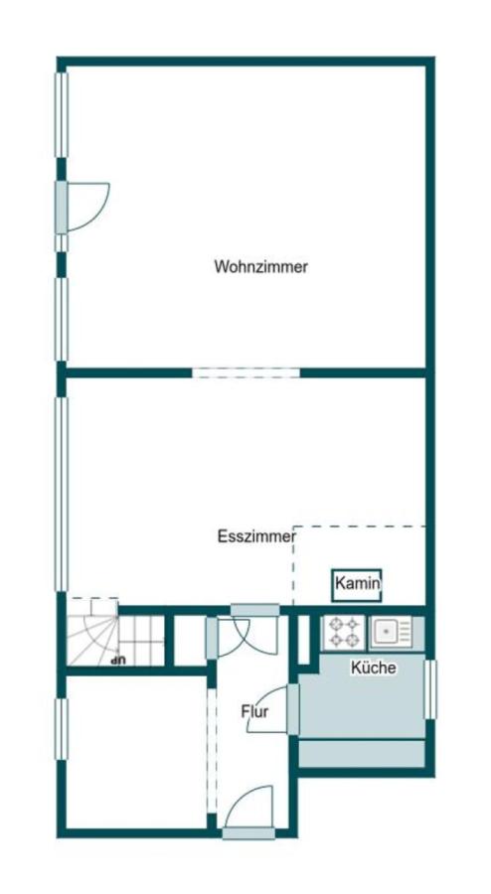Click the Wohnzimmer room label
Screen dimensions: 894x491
click(x=260, y=266)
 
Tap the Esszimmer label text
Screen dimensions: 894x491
click(x=256, y=536)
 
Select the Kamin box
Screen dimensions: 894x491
click(x=358, y=584)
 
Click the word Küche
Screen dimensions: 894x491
click(x=373, y=668)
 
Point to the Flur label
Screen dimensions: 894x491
click(x=254, y=711)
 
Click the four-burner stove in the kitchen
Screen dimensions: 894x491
click(x=343, y=632)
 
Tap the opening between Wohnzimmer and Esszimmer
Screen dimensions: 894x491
click(x=245, y=373)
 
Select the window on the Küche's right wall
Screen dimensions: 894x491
click(x=430, y=688)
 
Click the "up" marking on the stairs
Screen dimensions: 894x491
click(x=118, y=658)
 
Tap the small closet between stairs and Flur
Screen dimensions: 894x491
click(x=188, y=641)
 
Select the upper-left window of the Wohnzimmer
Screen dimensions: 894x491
click(x=61, y=114)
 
